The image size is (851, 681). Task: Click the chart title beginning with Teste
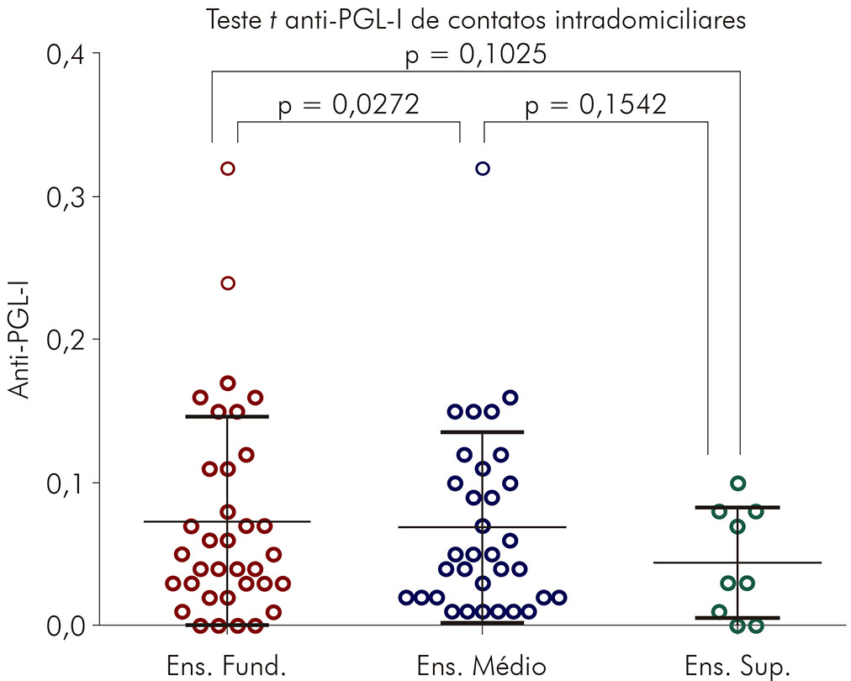pos(476,20)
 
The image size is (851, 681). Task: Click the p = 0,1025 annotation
pos(476,55)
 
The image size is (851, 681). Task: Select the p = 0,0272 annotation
pos(348,105)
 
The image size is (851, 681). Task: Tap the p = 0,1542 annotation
pos(595,105)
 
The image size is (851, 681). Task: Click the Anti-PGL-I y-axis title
pos(19,340)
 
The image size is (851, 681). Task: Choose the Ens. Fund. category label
pos(228,665)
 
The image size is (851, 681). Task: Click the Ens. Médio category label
pos(482,665)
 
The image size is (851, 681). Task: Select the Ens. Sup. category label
pos(738,665)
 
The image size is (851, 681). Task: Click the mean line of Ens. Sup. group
pos(782,562)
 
